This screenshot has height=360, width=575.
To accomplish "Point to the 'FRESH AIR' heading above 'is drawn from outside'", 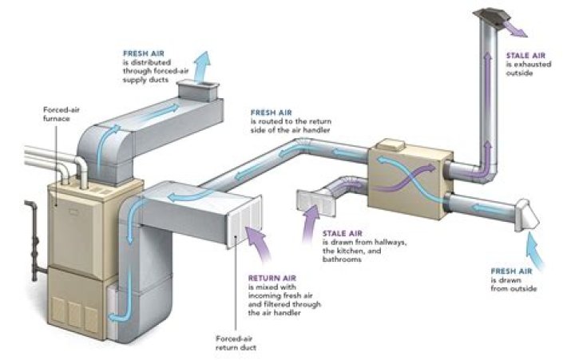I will click(508, 271).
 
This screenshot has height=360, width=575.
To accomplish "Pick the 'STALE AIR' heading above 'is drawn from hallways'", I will click(339, 232).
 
